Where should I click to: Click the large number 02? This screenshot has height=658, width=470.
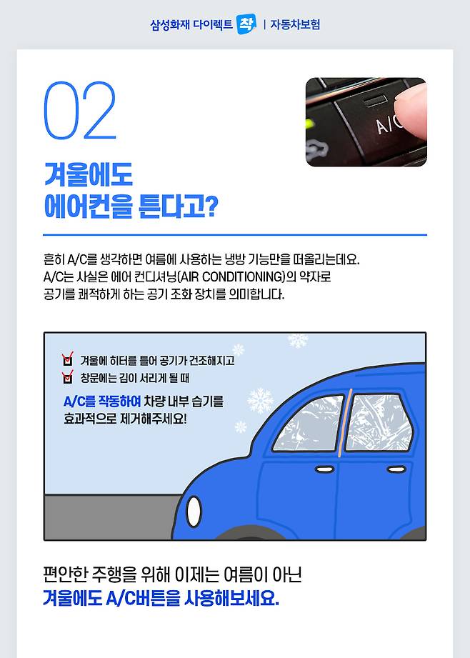pyautogui.click(x=80, y=111)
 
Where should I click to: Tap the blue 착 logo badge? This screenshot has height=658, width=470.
pyautogui.click(x=246, y=24)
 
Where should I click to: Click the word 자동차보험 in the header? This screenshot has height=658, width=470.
pyautogui.click(x=295, y=24)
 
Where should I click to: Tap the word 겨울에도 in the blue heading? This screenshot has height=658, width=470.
pyautogui.click(x=89, y=174)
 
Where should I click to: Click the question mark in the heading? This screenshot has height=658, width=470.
pyautogui.click(x=211, y=206)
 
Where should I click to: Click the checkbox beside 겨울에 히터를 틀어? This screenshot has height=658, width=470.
pyautogui.click(x=67, y=359)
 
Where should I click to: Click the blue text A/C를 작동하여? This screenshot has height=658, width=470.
pyautogui.click(x=102, y=402)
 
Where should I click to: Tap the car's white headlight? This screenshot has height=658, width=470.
pyautogui.click(x=194, y=512)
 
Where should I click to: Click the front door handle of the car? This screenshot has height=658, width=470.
pyautogui.click(x=325, y=469)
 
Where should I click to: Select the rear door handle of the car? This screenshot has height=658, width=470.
pyautogui.click(x=396, y=469)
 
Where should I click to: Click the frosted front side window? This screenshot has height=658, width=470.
pyautogui.click(x=309, y=424)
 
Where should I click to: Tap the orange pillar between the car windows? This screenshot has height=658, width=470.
pyautogui.click(x=344, y=422)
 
